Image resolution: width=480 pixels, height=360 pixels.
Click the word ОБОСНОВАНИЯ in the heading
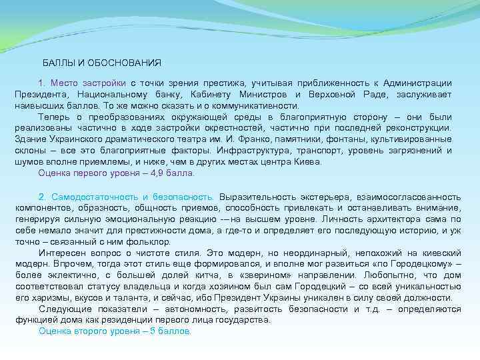tap(127, 62)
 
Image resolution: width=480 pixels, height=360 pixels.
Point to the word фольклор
tap(149, 241)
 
